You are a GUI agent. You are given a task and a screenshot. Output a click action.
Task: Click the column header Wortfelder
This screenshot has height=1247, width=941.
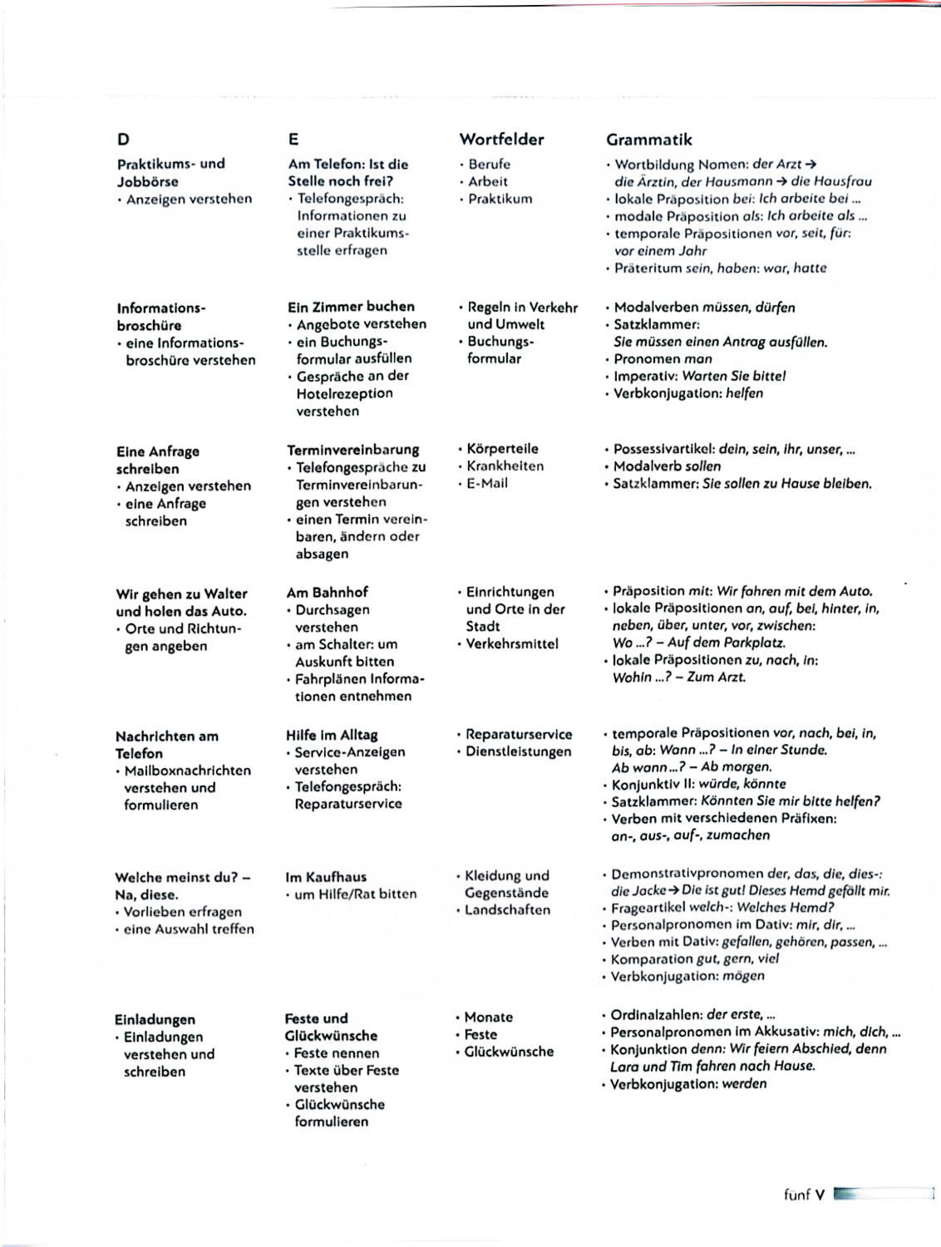pos(501,140)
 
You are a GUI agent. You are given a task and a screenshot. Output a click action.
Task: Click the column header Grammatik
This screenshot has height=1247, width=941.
pos(648,140)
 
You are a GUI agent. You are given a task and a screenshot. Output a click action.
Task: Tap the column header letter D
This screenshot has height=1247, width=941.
pos(123,140)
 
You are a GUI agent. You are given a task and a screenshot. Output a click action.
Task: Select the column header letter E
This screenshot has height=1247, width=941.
pos(293,140)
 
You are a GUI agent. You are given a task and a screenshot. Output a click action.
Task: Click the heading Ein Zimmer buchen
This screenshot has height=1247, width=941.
pos(351,306)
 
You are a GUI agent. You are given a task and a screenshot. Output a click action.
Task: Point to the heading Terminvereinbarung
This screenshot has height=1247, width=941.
pos(353,450)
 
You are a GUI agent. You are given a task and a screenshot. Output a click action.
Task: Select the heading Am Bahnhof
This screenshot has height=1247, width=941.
pos(327,593)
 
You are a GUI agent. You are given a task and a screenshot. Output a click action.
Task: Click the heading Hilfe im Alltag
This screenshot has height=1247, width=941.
pos(332,735)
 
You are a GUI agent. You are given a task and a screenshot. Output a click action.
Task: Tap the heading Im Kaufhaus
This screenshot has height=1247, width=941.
pos(326,877)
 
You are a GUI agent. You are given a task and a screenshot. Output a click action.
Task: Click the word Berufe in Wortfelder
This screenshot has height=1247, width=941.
pos(489,165)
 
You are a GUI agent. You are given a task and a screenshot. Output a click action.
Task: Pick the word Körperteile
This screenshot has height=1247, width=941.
pos(502,449)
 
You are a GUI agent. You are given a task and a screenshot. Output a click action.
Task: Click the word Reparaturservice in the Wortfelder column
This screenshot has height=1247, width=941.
pos(519,735)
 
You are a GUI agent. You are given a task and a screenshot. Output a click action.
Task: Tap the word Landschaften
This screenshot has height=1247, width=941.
pos(507,910)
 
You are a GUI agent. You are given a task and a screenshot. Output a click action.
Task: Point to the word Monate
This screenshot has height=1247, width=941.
pos(489,1018)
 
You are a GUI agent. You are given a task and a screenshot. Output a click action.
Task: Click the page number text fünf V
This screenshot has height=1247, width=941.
pos(804,1195)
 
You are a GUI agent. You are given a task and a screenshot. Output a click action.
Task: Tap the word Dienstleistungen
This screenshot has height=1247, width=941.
pos(519,752)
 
